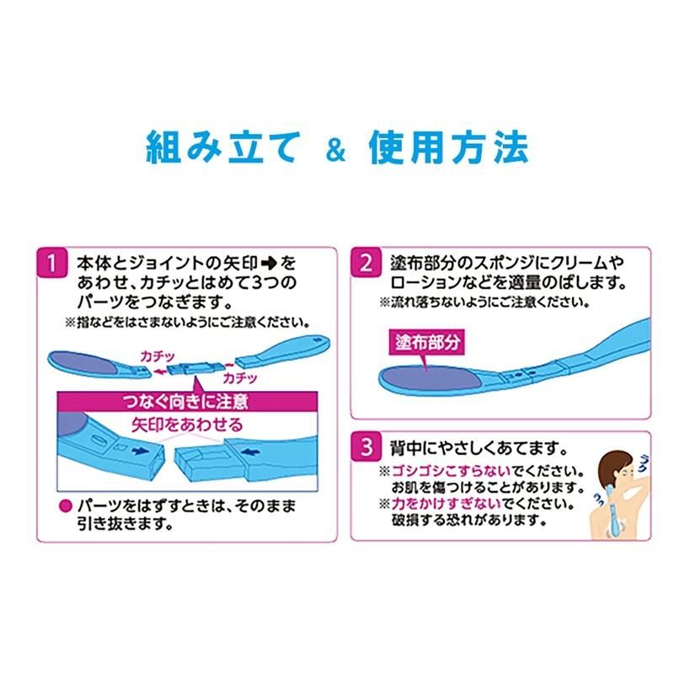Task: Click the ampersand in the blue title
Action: click(x=335, y=150)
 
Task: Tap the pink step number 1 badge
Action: click(x=51, y=263)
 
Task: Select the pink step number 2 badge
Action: click(x=366, y=262)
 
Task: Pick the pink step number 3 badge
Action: click(x=366, y=447)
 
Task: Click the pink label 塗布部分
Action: click(x=427, y=342)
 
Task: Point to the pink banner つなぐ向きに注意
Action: click(x=187, y=402)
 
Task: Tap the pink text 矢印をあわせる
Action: click(x=187, y=425)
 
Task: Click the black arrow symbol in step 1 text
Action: click(x=269, y=263)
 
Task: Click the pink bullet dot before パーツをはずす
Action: click(x=65, y=506)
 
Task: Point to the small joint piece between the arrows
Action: click(x=195, y=369)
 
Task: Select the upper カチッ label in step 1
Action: click(x=158, y=356)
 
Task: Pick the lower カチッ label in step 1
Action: click(x=240, y=378)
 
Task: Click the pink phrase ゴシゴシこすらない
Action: click(x=452, y=471)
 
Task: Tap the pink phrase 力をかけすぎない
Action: click(x=447, y=503)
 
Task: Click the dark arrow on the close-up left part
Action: click(x=140, y=451)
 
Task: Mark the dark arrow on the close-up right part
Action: click(x=250, y=452)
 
